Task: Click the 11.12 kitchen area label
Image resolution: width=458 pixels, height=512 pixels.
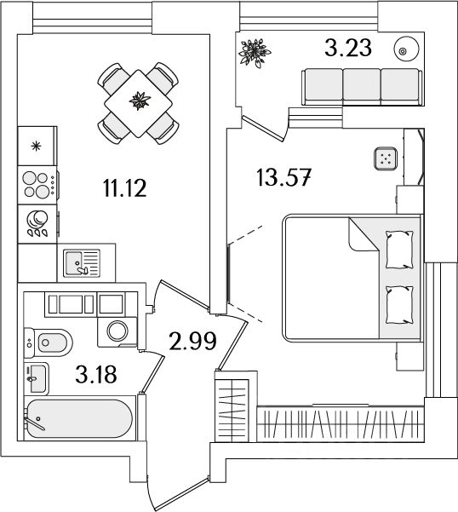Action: coord(125,188)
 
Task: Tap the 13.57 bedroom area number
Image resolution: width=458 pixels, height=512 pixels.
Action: coord(283,177)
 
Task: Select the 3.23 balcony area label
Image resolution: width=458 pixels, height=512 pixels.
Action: coord(348,48)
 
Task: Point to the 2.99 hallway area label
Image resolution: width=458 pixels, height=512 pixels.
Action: coord(193,341)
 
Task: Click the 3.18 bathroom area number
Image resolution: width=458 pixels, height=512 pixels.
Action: coord(96,374)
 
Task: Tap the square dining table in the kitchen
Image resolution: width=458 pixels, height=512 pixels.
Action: coord(138,104)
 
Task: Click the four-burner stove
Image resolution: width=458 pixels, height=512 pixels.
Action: coord(37,185)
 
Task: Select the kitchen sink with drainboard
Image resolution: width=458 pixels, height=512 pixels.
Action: coord(82,263)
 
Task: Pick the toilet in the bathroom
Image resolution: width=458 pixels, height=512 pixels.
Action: coord(49,342)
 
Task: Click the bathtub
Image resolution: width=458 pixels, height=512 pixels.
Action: coord(79,418)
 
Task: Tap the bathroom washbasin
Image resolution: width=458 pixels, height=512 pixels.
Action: coord(37,379)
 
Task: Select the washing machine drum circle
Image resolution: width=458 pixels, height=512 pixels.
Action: coord(117,331)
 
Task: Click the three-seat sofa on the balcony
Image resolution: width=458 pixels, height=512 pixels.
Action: coord(362,87)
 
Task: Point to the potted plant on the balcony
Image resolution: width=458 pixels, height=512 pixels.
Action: coord(255,53)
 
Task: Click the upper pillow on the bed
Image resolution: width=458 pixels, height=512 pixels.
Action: coord(399,250)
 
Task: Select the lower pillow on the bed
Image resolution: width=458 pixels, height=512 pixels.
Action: coord(399,305)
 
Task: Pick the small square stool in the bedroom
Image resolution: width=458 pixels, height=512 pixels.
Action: coord(386,158)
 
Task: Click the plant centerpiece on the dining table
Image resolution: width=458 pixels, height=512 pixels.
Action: coord(140,101)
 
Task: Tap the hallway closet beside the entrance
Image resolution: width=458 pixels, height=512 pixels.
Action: coord(232,407)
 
